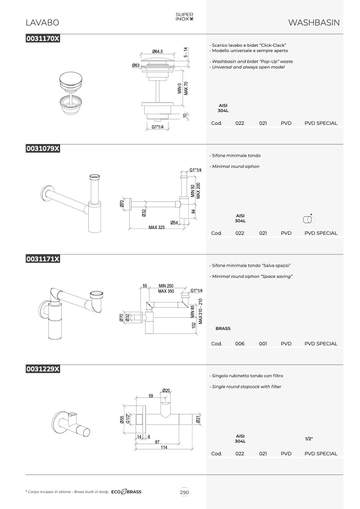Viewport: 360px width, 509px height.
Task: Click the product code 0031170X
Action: tap(43, 38)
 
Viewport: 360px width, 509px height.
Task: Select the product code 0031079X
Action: tap(43, 149)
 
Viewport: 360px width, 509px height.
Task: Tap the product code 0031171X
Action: tap(43, 259)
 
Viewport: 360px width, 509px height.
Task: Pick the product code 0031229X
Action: tap(43, 369)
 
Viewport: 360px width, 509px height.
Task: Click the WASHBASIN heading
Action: tap(314, 23)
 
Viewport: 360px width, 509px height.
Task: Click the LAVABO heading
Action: tap(42, 23)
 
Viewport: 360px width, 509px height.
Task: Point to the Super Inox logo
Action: tap(184, 16)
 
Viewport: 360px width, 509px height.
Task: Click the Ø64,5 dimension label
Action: tap(157, 52)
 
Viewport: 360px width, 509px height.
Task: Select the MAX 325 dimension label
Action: tap(157, 227)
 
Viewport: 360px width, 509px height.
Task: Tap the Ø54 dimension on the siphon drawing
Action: tap(174, 223)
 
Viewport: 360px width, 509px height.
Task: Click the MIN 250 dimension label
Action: tap(166, 286)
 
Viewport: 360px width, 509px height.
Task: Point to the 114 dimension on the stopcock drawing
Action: tap(164, 447)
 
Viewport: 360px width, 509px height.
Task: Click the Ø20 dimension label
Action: tap(166, 391)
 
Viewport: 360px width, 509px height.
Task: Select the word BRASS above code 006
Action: tap(223, 328)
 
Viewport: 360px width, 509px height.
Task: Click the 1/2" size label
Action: tap(308, 439)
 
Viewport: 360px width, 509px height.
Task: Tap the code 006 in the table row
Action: tap(240, 343)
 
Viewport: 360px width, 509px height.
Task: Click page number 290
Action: tap(184, 492)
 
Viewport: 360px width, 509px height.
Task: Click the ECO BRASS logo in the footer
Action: tap(127, 492)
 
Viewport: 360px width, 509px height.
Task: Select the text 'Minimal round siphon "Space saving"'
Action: tap(252, 277)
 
